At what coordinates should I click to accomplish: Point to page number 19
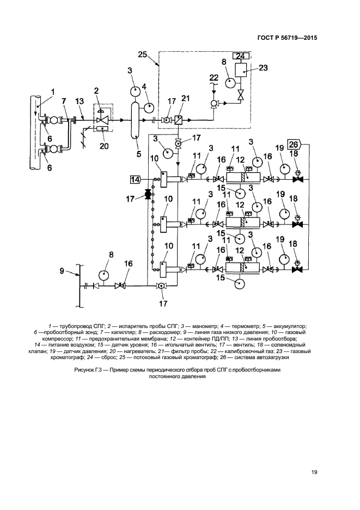(314, 472)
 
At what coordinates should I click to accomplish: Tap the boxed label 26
(292, 145)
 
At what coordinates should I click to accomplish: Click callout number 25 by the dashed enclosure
(143, 54)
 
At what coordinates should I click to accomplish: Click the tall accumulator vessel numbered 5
(134, 119)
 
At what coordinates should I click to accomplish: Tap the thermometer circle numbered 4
(147, 107)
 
